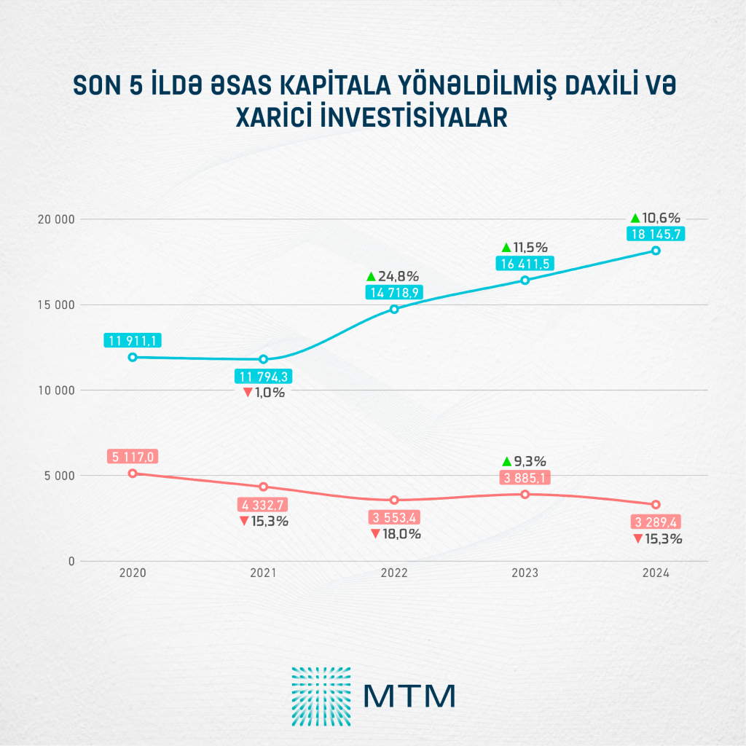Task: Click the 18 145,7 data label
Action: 656,234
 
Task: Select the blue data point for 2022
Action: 394,309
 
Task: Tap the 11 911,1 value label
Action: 132,340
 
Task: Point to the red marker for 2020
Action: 132,473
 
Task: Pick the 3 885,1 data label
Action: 525,478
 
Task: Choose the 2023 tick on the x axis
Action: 525,573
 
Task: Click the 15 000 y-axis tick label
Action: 55,305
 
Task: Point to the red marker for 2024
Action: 656,504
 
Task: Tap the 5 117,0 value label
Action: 132,457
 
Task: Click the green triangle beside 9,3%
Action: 506,461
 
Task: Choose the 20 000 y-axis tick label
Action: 55,219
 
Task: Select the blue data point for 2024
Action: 656,251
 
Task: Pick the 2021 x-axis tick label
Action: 263,573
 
